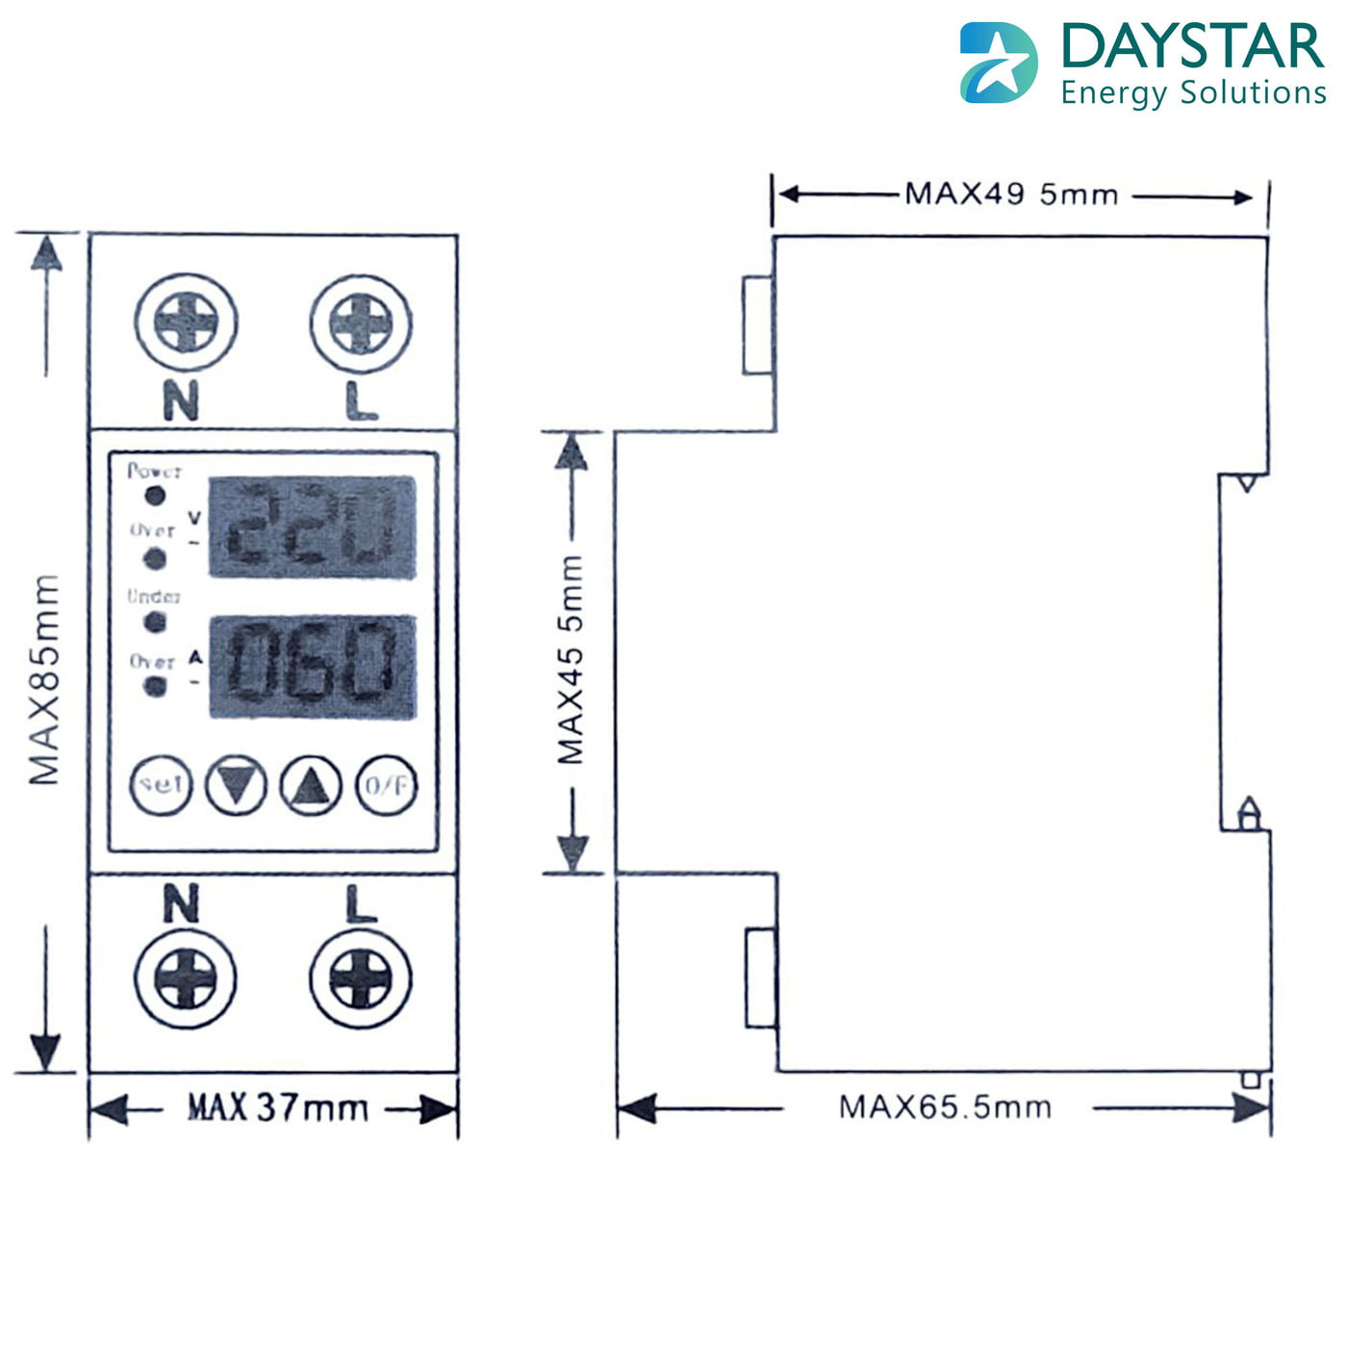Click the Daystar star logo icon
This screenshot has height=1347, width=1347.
click(998, 63)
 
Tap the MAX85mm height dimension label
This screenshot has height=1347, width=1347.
click(44, 679)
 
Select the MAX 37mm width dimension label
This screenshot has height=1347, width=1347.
click(277, 1107)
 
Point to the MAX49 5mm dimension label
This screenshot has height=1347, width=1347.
click(1011, 194)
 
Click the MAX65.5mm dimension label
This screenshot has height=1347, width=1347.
click(945, 1106)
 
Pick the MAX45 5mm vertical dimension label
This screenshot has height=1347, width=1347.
click(571, 660)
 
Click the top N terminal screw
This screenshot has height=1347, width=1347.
click(187, 322)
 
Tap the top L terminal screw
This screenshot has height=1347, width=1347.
click(361, 322)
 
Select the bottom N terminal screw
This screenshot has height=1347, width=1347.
click(186, 979)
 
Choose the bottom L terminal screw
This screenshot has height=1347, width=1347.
click(361, 979)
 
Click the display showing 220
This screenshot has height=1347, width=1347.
click(313, 527)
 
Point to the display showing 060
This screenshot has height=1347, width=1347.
click(313, 666)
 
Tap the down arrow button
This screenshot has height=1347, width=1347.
click(236, 784)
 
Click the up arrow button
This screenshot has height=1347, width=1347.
click(310, 785)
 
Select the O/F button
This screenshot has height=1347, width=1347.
click(387, 785)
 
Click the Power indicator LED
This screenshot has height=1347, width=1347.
click(154, 496)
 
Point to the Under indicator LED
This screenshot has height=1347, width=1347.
click(154, 623)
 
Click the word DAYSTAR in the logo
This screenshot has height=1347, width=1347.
click(1193, 46)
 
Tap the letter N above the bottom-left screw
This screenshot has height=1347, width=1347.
click(181, 904)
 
